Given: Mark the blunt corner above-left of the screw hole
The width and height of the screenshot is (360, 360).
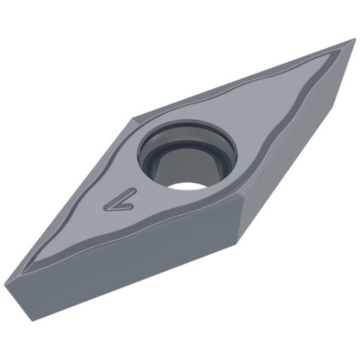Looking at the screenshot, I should tap(134, 119).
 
